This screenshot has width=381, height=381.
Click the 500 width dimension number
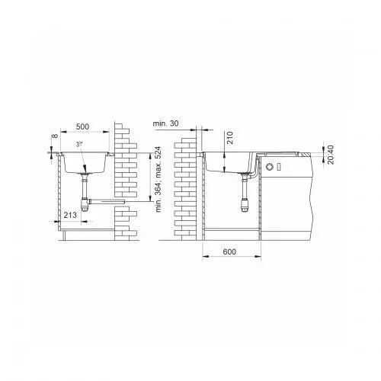pos(82,126)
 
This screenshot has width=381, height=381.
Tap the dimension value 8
pos(55,136)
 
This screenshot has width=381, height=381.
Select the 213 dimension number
pos(70,215)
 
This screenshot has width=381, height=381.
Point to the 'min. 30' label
pos(165,123)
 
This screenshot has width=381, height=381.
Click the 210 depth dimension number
pos(230,137)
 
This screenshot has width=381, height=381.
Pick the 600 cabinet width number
pos(229,251)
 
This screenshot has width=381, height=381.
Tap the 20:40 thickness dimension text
pos(331,155)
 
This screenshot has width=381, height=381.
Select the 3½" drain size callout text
pos(79,144)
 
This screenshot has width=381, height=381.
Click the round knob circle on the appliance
pos(269,167)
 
